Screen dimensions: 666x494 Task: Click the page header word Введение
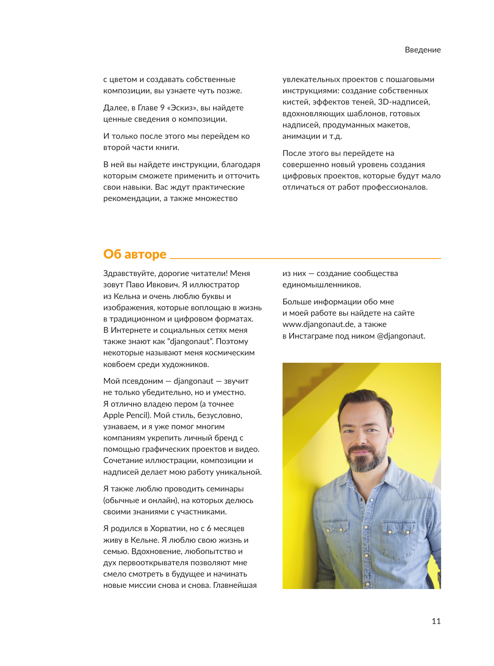pyautogui.click(x=422, y=50)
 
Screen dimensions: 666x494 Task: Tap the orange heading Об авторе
pyautogui.click(x=135, y=254)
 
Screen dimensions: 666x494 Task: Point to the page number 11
pyautogui.click(x=436, y=621)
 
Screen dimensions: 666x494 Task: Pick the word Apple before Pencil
pyautogui.click(x=114, y=415)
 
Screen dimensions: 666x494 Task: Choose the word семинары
pyautogui.click(x=226, y=489)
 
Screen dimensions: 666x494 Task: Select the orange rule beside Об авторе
pyautogui.click(x=305, y=258)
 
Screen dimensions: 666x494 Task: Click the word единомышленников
pyautogui.click(x=321, y=285)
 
